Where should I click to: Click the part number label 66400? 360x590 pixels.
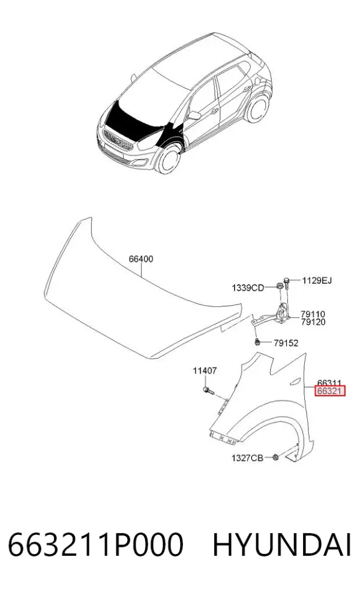pos(141,259)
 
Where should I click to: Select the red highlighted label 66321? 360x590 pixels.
pos(330,391)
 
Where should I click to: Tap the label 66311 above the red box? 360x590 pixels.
pos(329,383)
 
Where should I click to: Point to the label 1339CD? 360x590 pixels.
pos(247,288)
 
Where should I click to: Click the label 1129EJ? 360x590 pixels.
pos(317,281)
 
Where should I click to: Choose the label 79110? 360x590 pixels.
pos(313,314)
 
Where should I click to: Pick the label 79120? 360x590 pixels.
pos(313,322)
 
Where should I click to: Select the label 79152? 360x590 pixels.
pos(286,343)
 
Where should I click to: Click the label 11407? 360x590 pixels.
pos(205,371)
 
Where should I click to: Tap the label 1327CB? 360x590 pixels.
pos(247,458)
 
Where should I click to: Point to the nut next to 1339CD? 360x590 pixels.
pos(280,287)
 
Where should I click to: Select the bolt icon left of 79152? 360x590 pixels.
pos(257,342)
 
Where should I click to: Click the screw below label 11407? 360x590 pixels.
pos(208,390)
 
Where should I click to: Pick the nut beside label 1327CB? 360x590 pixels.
pos(275,457)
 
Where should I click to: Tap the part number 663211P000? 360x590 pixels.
pos(95,544)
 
